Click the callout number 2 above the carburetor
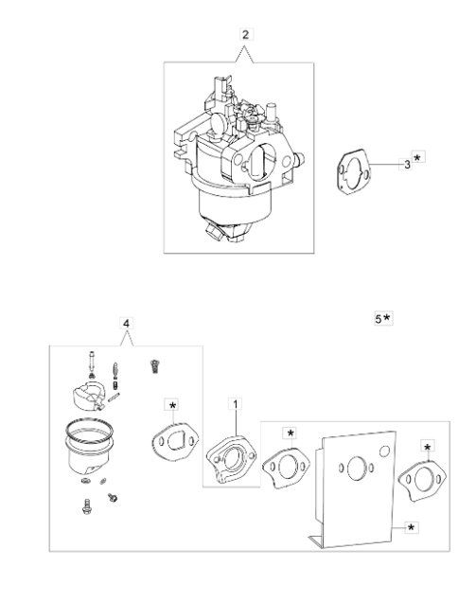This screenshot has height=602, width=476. (245, 35)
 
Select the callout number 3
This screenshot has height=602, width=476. (407, 165)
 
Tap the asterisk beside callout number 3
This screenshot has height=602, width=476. (417, 157)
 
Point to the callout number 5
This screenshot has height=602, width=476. (379, 318)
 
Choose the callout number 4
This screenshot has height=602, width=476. (126, 324)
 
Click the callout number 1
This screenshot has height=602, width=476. (236, 404)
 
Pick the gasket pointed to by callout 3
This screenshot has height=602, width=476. (354, 172)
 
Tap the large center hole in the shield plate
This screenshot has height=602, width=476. (356, 468)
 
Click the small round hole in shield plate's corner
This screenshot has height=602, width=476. (384, 451)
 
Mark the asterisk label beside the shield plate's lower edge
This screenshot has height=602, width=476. (411, 528)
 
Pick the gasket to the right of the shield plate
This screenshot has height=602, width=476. (422, 480)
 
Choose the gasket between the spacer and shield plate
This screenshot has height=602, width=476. (286, 468)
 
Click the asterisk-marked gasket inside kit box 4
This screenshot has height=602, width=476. (175, 442)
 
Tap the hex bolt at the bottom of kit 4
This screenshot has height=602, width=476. (87, 506)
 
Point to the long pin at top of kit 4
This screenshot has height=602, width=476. (92, 364)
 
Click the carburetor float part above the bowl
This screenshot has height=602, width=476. (90, 397)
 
